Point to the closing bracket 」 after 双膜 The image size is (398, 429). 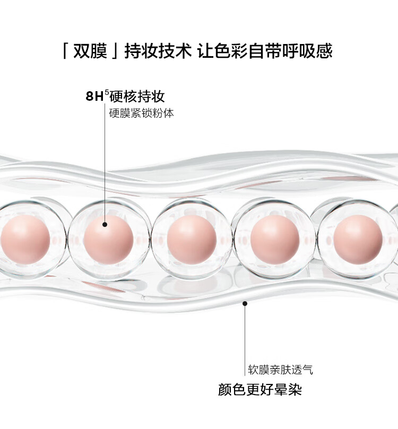coord(115,51)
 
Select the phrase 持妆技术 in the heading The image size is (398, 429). coord(157,51)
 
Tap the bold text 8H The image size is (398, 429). coord(94,97)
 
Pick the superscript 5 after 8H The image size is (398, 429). coord(107,93)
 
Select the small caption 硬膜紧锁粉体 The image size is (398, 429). coord(141,113)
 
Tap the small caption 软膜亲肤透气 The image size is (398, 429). coord(281,370)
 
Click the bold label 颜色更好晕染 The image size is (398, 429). coord(260,390)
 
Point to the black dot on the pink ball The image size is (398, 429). coord(105,224)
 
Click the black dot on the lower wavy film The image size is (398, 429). coord(245,303)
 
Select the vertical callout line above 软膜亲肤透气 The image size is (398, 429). coord(245,334)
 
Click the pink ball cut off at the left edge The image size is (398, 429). coord(23,239)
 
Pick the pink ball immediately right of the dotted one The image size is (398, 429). coord(192,239)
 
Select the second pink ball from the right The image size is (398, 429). coord(275,239)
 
